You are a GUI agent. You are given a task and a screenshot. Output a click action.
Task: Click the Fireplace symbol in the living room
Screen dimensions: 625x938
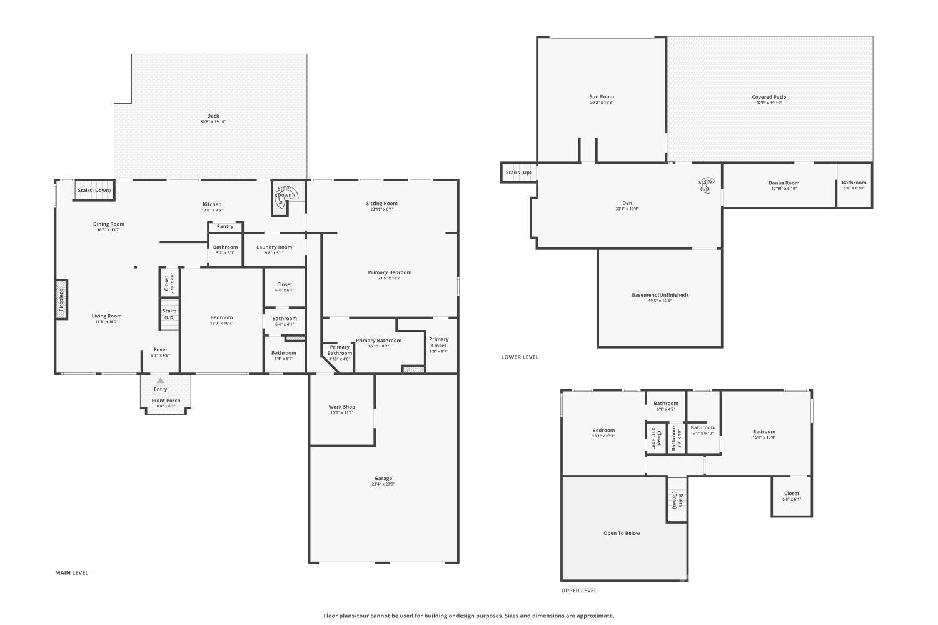click(x=61, y=300)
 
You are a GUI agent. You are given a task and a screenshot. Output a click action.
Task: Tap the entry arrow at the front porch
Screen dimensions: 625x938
click(x=161, y=381)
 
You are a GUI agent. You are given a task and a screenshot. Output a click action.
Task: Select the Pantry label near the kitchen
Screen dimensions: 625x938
click(x=225, y=226)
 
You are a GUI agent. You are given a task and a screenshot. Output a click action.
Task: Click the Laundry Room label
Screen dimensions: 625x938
click(x=274, y=247)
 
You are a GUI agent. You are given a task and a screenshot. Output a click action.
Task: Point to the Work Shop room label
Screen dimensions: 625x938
click(x=342, y=407)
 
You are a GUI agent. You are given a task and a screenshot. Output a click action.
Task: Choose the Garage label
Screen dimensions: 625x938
click(x=383, y=479)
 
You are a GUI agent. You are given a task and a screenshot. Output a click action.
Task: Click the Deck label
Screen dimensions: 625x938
click(x=213, y=116)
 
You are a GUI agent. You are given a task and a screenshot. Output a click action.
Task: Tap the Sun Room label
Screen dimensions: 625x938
click(x=602, y=97)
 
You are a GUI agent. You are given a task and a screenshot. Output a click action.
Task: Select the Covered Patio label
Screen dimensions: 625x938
click(x=769, y=97)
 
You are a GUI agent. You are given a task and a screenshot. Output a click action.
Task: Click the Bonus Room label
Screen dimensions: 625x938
click(x=784, y=183)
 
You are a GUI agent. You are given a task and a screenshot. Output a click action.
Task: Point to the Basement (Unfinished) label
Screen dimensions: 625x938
click(x=660, y=295)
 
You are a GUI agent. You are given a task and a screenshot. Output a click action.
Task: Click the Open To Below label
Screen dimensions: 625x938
click(x=622, y=533)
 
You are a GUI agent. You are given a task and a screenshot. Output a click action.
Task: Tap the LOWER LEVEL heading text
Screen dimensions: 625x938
click(x=520, y=357)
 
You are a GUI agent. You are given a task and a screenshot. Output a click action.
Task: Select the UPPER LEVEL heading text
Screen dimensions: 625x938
click(x=579, y=591)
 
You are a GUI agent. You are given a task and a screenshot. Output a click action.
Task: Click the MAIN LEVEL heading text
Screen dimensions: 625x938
click(x=72, y=572)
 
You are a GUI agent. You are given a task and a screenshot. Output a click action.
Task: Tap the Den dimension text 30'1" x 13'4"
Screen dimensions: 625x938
click(x=627, y=209)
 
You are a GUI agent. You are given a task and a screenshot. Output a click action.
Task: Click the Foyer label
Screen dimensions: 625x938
click(x=161, y=350)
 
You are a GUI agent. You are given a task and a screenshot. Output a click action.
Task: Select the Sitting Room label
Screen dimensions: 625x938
click(x=382, y=204)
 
